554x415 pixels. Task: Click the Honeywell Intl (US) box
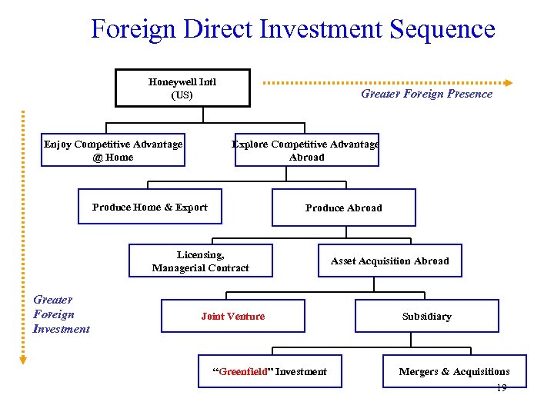182,88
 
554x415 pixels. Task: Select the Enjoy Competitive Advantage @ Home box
114,151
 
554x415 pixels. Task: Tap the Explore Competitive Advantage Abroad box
306,151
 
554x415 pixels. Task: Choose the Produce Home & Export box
150,207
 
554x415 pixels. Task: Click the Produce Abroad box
343,207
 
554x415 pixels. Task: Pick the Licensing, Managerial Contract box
200,261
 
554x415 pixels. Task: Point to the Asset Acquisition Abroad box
389,261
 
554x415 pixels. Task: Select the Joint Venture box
232,316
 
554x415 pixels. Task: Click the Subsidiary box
426,316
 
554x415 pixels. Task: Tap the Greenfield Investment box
269,372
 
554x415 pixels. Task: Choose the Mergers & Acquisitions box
454,372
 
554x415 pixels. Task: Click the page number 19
501,388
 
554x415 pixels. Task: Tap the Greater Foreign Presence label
426,94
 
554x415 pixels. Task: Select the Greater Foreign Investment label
61,314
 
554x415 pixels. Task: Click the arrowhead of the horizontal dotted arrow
509,82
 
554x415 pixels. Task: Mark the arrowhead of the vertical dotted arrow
23,358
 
